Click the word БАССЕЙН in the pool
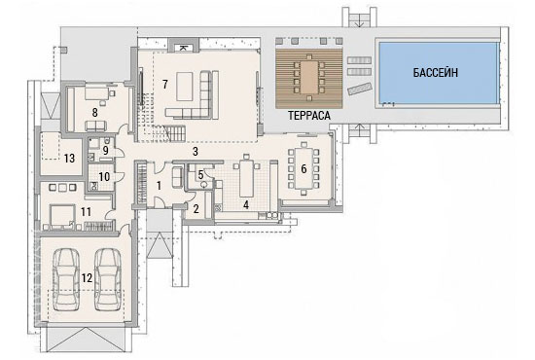pos(436,73)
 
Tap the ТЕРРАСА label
pos(309,116)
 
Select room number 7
pos(165,84)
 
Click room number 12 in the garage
pos(87,278)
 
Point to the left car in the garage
pos(66,279)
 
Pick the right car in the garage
pos(107,279)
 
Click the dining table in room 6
pos(303,168)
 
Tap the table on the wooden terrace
pos(308,78)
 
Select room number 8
pos(95,112)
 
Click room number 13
pos(69,158)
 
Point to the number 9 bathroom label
pos(106,150)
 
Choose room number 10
pos(104,177)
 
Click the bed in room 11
pos(61,216)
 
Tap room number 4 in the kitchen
pos(246,204)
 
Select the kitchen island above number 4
pos(246,178)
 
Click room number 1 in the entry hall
pos(159,186)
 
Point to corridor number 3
pos(196,152)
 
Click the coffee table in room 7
pos(185,86)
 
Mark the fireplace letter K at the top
pos(182,48)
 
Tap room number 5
pos(200,175)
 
